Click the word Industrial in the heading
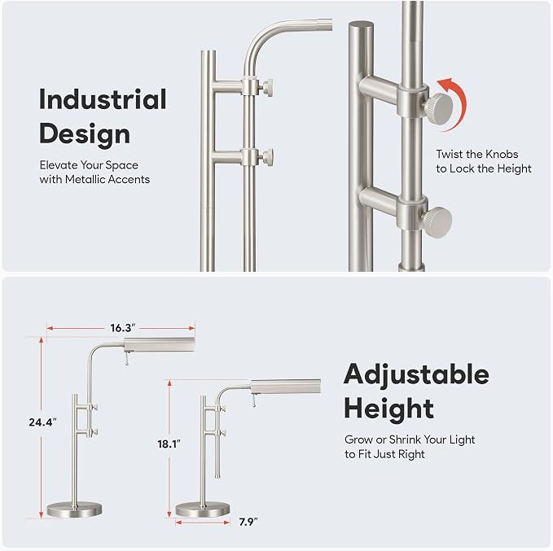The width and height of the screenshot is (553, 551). click(x=103, y=99)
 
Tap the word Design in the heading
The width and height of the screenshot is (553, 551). click(x=85, y=134)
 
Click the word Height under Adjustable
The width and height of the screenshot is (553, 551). click(x=389, y=409)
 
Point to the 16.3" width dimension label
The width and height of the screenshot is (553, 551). click(x=121, y=328)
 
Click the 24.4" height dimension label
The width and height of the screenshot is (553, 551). click(x=42, y=422)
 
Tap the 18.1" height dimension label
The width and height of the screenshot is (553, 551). click(x=169, y=444)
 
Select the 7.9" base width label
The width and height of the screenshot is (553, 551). click(x=248, y=522)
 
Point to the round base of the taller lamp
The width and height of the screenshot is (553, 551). click(x=74, y=509)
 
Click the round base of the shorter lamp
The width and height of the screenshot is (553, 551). click(x=203, y=509)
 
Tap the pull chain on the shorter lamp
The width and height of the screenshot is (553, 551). click(x=253, y=401)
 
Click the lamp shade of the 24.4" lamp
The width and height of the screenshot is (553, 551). click(x=160, y=344)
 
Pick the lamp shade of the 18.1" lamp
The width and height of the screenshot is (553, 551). click(x=286, y=387)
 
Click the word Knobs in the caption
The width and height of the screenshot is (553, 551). click(x=502, y=154)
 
